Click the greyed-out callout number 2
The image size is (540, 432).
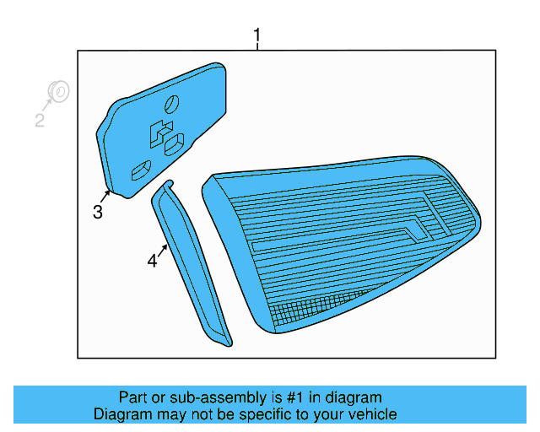[x=39, y=120]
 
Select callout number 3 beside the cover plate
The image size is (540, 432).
[x=98, y=212]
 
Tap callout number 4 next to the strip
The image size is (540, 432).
[x=152, y=261]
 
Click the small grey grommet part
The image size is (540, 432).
[x=58, y=90]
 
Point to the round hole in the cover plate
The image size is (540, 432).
[x=172, y=103]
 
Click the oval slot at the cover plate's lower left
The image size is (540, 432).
[x=139, y=170]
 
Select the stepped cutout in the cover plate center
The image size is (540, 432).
[x=158, y=132]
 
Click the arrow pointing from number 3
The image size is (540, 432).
[x=105, y=197]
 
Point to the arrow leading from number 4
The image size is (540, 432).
[x=160, y=246]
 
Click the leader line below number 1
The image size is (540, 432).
[x=257, y=47]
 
